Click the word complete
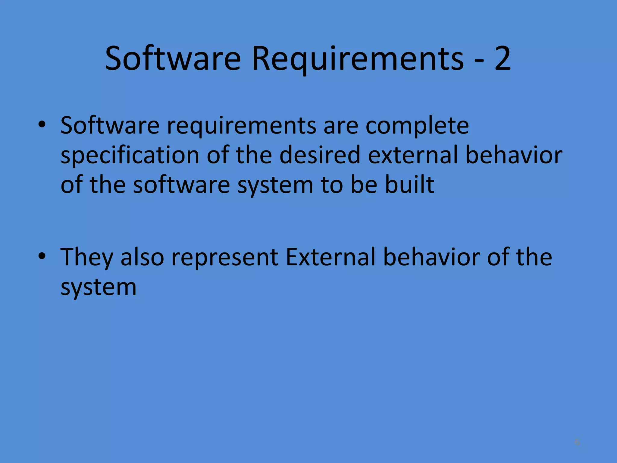pyautogui.click(x=417, y=126)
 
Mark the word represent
pyautogui.click(x=225, y=258)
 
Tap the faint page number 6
pyautogui.click(x=577, y=442)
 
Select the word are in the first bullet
pyautogui.click(x=340, y=126)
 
